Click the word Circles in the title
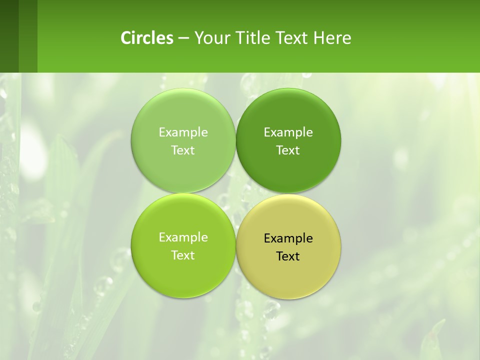[x=146, y=38]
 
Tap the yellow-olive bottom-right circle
[x=288, y=277]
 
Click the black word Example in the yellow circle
[x=288, y=238]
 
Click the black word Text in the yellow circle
[x=288, y=256]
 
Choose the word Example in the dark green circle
[x=288, y=132]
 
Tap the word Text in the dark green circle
[x=288, y=150]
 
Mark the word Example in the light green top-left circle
[x=183, y=132]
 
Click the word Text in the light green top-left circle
[x=183, y=150]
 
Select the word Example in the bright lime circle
[x=183, y=237]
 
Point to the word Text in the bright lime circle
[x=183, y=255]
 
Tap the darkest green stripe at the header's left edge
[x=9, y=36]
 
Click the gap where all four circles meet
[x=235, y=193]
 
